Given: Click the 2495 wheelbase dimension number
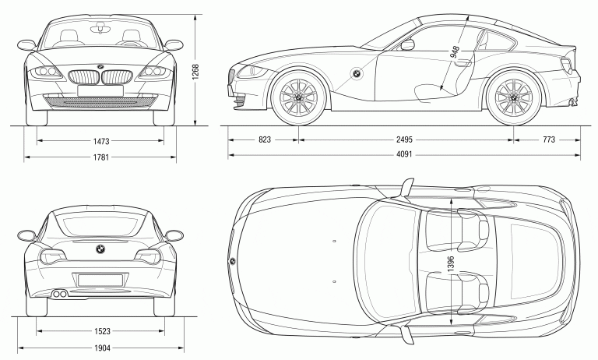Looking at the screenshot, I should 403,140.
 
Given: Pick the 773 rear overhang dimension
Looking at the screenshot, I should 548,140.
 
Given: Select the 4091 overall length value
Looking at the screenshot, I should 403,155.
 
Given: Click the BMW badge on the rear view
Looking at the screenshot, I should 100,249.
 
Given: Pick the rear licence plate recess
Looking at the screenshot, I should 100,279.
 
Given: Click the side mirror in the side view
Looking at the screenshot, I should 407,44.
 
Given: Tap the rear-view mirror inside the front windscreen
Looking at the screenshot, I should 100,28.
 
